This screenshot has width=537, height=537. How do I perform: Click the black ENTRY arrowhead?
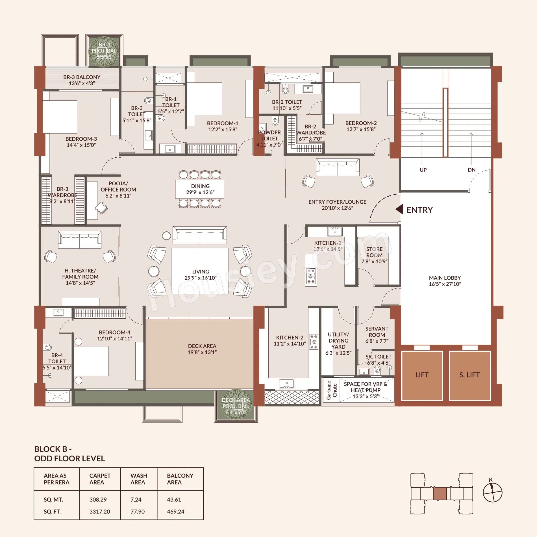point(399,210)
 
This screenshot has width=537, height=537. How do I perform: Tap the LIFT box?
point(422,375)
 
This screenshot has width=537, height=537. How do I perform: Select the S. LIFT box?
point(469,375)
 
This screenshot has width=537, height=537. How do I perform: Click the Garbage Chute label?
point(331,390)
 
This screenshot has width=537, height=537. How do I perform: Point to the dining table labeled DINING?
point(200,189)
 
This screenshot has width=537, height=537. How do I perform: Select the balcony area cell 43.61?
point(174,499)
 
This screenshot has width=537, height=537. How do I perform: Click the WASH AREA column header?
point(139,479)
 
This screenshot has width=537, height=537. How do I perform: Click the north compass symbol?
point(492,492)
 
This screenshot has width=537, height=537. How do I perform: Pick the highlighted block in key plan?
point(440,494)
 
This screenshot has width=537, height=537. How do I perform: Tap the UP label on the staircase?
point(423,170)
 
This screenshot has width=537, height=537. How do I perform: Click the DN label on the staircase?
point(471,170)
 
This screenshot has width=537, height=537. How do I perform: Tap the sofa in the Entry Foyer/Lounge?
point(338,167)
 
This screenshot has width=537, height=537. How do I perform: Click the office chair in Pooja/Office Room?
point(101,208)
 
